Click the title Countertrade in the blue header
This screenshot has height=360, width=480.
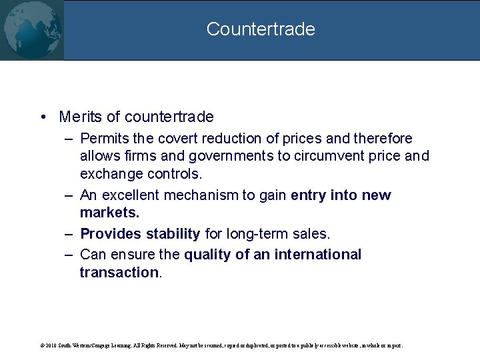pyautogui.click(x=261, y=29)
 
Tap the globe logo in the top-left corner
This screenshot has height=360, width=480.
pyautogui.click(x=31, y=29)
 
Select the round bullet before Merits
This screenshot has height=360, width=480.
pyautogui.click(x=42, y=117)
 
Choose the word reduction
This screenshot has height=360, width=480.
pyautogui.click(x=229, y=139)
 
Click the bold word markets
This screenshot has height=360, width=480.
pyautogui.click(x=109, y=212)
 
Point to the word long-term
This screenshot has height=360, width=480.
pyautogui.click(x=257, y=234)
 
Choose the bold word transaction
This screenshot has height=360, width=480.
pyautogui.click(x=119, y=272)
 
